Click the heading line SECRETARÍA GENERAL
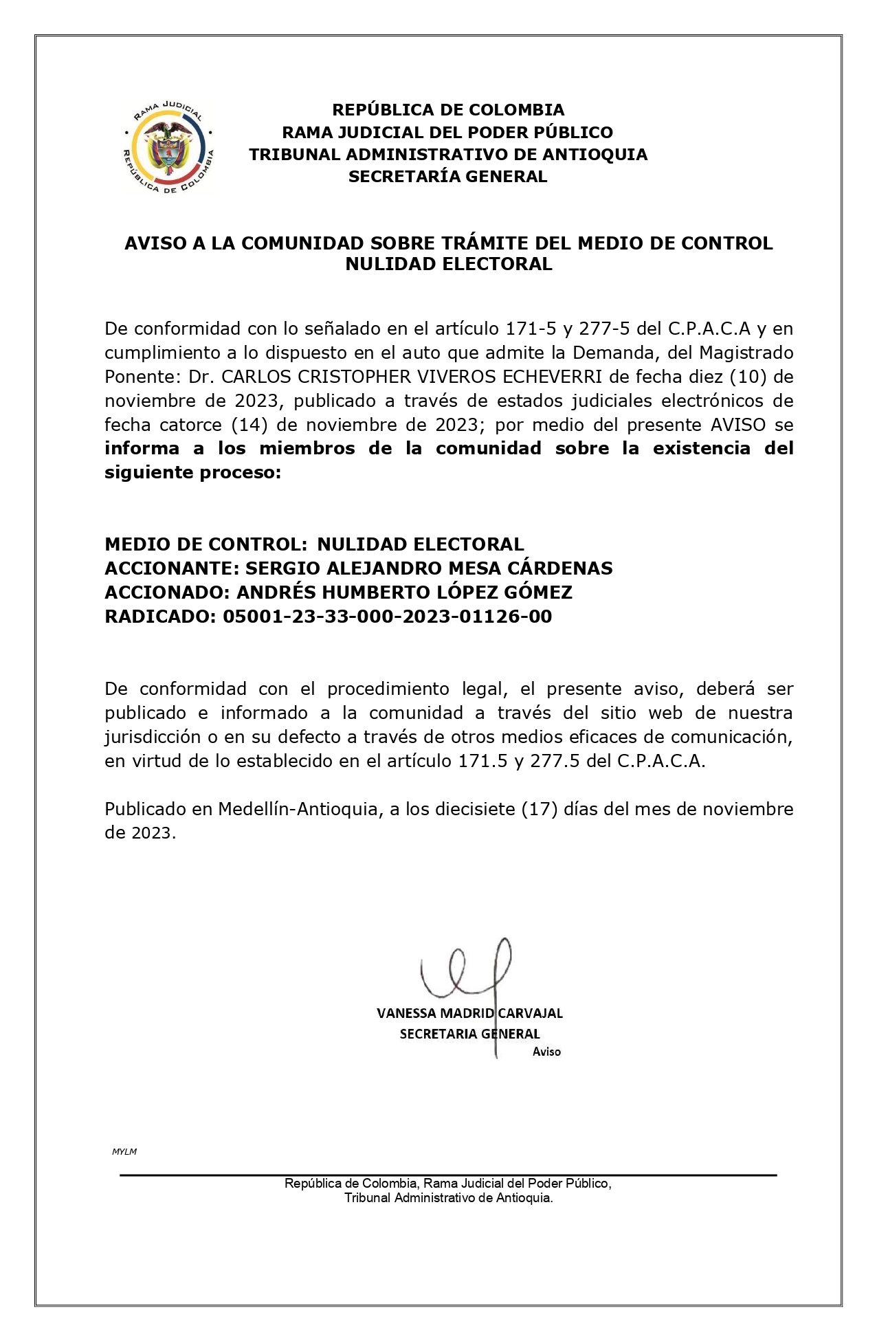[x=447, y=177]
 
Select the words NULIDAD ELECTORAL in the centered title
[x=448, y=264]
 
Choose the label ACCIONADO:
[x=168, y=592]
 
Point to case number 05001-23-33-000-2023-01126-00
[x=387, y=617]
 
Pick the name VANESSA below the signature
[x=406, y=1013]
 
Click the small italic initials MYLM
[x=124, y=1151]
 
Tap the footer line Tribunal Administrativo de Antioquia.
[x=448, y=1198]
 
